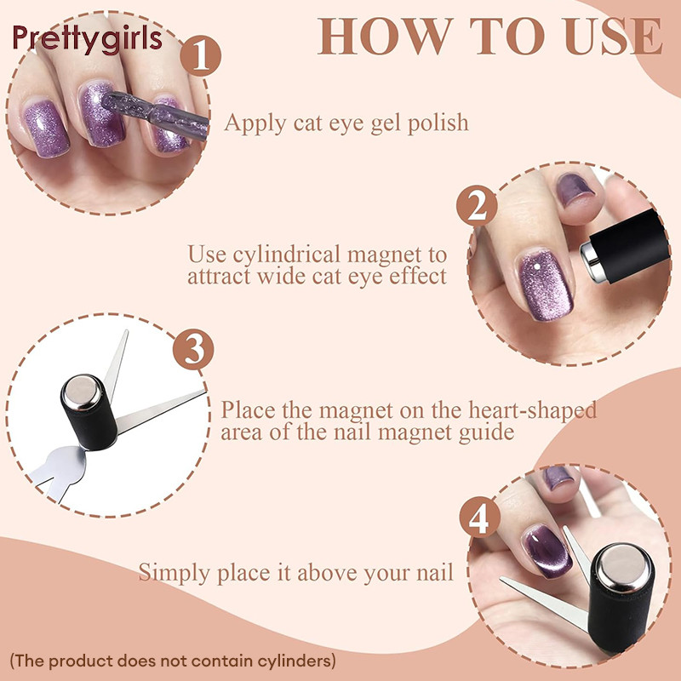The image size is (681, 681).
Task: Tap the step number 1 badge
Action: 201,56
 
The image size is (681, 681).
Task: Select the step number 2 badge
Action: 477,206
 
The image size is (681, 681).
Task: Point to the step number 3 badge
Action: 193,349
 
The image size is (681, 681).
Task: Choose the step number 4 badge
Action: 480,518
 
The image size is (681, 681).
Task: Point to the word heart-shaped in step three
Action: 533,411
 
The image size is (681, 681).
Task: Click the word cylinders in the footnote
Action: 296,661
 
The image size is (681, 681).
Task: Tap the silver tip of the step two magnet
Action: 590,260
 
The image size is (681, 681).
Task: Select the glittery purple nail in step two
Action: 545,285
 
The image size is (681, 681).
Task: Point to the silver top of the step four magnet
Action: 623,568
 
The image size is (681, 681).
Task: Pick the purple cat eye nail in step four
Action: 546,551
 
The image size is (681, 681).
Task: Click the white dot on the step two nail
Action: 537,266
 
